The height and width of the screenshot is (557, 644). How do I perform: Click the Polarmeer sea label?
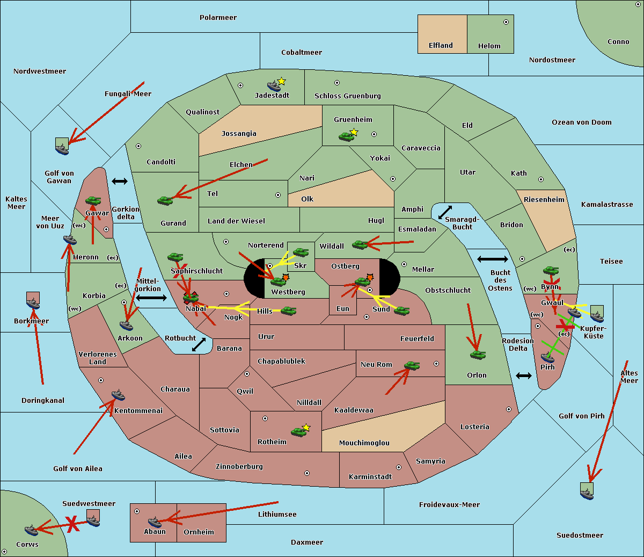click(218, 18)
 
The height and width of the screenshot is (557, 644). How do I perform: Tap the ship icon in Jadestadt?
click(274, 86)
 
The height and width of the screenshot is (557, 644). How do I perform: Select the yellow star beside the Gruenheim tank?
click(354, 132)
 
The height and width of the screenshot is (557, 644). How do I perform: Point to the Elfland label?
click(441, 46)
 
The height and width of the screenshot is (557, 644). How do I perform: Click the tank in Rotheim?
click(298, 431)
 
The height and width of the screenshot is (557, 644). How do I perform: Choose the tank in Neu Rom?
click(412, 366)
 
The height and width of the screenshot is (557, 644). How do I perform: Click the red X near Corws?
click(72, 524)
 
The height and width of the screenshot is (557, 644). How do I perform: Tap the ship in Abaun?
click(155, 522)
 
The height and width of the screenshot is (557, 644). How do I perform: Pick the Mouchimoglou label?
click(364, 443)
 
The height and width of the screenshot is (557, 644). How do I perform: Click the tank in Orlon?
click(478, 355)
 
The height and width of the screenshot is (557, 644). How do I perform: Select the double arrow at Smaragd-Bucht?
click(445, 212)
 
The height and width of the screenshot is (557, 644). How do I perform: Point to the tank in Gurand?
click(165, 200)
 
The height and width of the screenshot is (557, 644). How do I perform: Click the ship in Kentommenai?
click(118, 395)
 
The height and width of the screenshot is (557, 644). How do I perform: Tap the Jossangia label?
click(239, 134)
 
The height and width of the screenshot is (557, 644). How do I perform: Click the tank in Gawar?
click(93, 201)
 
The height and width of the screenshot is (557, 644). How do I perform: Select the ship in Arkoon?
click(126, 325)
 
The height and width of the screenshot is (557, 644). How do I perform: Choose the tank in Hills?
click(289, 310)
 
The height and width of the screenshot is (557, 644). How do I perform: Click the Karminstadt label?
click(370, 477)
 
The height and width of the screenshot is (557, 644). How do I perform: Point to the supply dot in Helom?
click(506, 22)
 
